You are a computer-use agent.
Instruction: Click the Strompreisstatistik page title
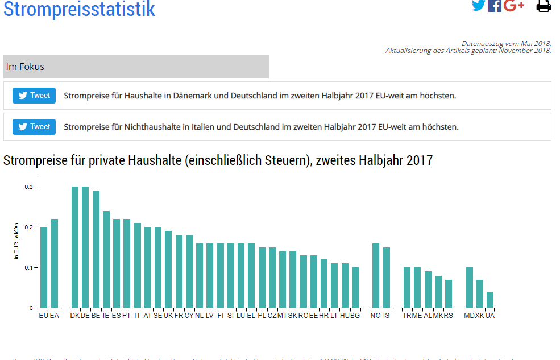[79, 9]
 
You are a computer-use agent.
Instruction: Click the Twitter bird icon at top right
[479, 6]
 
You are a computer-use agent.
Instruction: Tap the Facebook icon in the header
[495, 6]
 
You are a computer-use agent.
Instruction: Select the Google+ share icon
[513, 6]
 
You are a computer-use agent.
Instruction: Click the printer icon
[544, 6]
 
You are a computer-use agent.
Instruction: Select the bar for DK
[75, 247]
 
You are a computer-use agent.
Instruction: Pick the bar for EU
[44, 267]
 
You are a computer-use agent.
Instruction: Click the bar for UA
[490, 300]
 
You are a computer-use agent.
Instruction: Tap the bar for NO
[376, 275]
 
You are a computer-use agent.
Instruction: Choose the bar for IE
[106, 259]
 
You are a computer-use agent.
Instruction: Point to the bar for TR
[407, 287]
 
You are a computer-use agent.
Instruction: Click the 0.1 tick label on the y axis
[28, 267]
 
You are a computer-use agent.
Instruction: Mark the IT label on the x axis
[137, 315]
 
